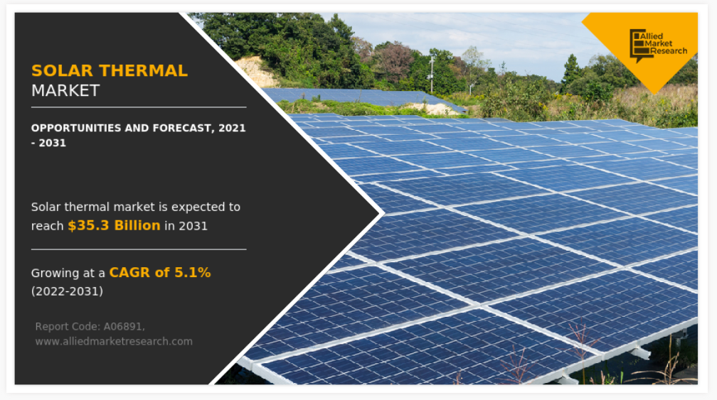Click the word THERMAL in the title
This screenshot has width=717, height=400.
coord(143,71)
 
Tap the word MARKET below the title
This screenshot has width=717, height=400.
coord(65,91)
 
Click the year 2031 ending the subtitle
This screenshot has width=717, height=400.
coord(52,143)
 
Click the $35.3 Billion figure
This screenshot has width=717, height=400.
coord(114,225)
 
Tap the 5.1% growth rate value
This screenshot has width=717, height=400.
coord(193,273)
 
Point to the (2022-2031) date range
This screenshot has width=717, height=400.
coord(67,291)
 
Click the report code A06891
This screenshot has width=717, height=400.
coord(124,327)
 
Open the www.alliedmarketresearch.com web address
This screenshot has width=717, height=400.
coord(114,342)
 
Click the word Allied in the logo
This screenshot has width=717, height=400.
coord(651,36)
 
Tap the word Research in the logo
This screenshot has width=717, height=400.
coord(669,51)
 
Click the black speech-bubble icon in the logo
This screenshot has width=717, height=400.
coord(639,46)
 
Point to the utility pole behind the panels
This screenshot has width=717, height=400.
coord(431,73)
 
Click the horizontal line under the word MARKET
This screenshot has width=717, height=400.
coord(139,107)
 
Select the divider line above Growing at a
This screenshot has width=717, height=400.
coord(139,249)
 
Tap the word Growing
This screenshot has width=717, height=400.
coord(55,274)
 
